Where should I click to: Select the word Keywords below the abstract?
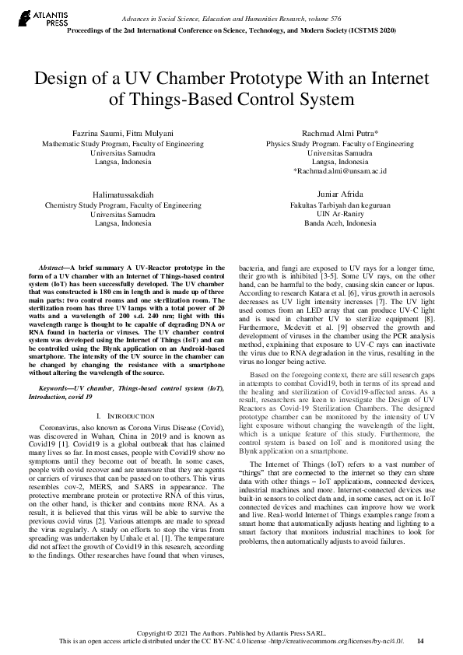(x=60, y=387)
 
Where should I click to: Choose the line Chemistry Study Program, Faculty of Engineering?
(x=121, y=205)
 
